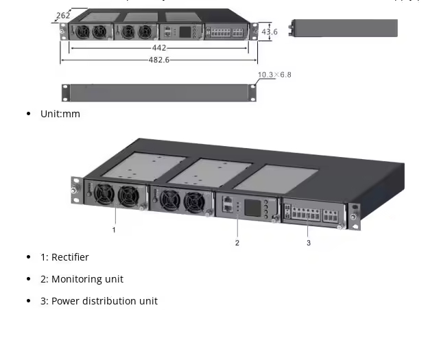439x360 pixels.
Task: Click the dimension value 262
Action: coord(62,15)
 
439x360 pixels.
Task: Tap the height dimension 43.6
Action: coord(270,32)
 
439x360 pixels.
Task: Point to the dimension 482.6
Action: coord(158,60)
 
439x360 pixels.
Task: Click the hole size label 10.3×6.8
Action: coord(274,74)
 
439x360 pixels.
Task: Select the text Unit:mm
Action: coord(60,114)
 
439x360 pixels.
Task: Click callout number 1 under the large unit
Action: coord(114,230)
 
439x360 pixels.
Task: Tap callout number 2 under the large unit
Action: coord(237,242)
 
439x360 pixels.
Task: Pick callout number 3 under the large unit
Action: coord(309,242)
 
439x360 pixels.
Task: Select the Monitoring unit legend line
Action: coord(82,279)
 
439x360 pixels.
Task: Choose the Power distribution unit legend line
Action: coord(99,301)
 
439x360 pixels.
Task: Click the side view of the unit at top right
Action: coord(344,28)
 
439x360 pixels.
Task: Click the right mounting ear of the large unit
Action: coord(354,217)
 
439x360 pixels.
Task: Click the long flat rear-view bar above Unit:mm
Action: coord(159,93)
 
